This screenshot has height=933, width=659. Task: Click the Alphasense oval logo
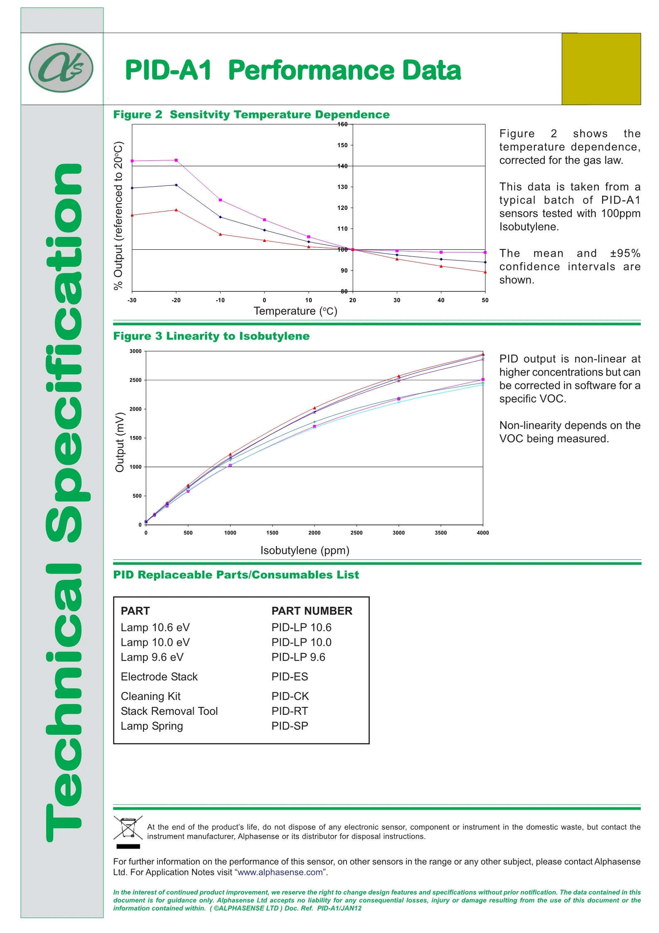coord(61,68)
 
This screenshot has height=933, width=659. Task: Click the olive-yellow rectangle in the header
coord(601,69)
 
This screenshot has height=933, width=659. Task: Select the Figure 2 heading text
coord(251,115)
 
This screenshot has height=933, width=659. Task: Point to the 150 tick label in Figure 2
coord(342,145)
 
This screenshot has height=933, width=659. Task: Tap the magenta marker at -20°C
coord(176,160)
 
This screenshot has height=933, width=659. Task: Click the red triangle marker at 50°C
coord(485,272)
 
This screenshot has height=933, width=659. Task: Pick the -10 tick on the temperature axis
coord(220,300)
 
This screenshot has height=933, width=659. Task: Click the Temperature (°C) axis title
coord(295,311)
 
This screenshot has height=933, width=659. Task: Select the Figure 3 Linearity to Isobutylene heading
coord(211,336)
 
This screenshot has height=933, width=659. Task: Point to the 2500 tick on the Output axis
coord(135,380)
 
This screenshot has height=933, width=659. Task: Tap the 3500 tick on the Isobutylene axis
coord(440,533)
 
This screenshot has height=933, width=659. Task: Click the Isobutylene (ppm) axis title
coord(305,550)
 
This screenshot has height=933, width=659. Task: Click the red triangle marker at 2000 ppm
coord(315,408)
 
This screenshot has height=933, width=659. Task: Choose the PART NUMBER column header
coord(312,611)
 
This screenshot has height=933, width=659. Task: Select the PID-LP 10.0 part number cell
coord(301,643)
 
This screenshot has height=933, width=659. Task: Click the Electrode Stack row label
coord(159,677)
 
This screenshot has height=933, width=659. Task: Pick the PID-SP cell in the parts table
coord(290,726)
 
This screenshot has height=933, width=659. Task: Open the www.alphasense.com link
coord(280,872)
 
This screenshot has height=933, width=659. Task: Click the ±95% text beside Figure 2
coord(625,254)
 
